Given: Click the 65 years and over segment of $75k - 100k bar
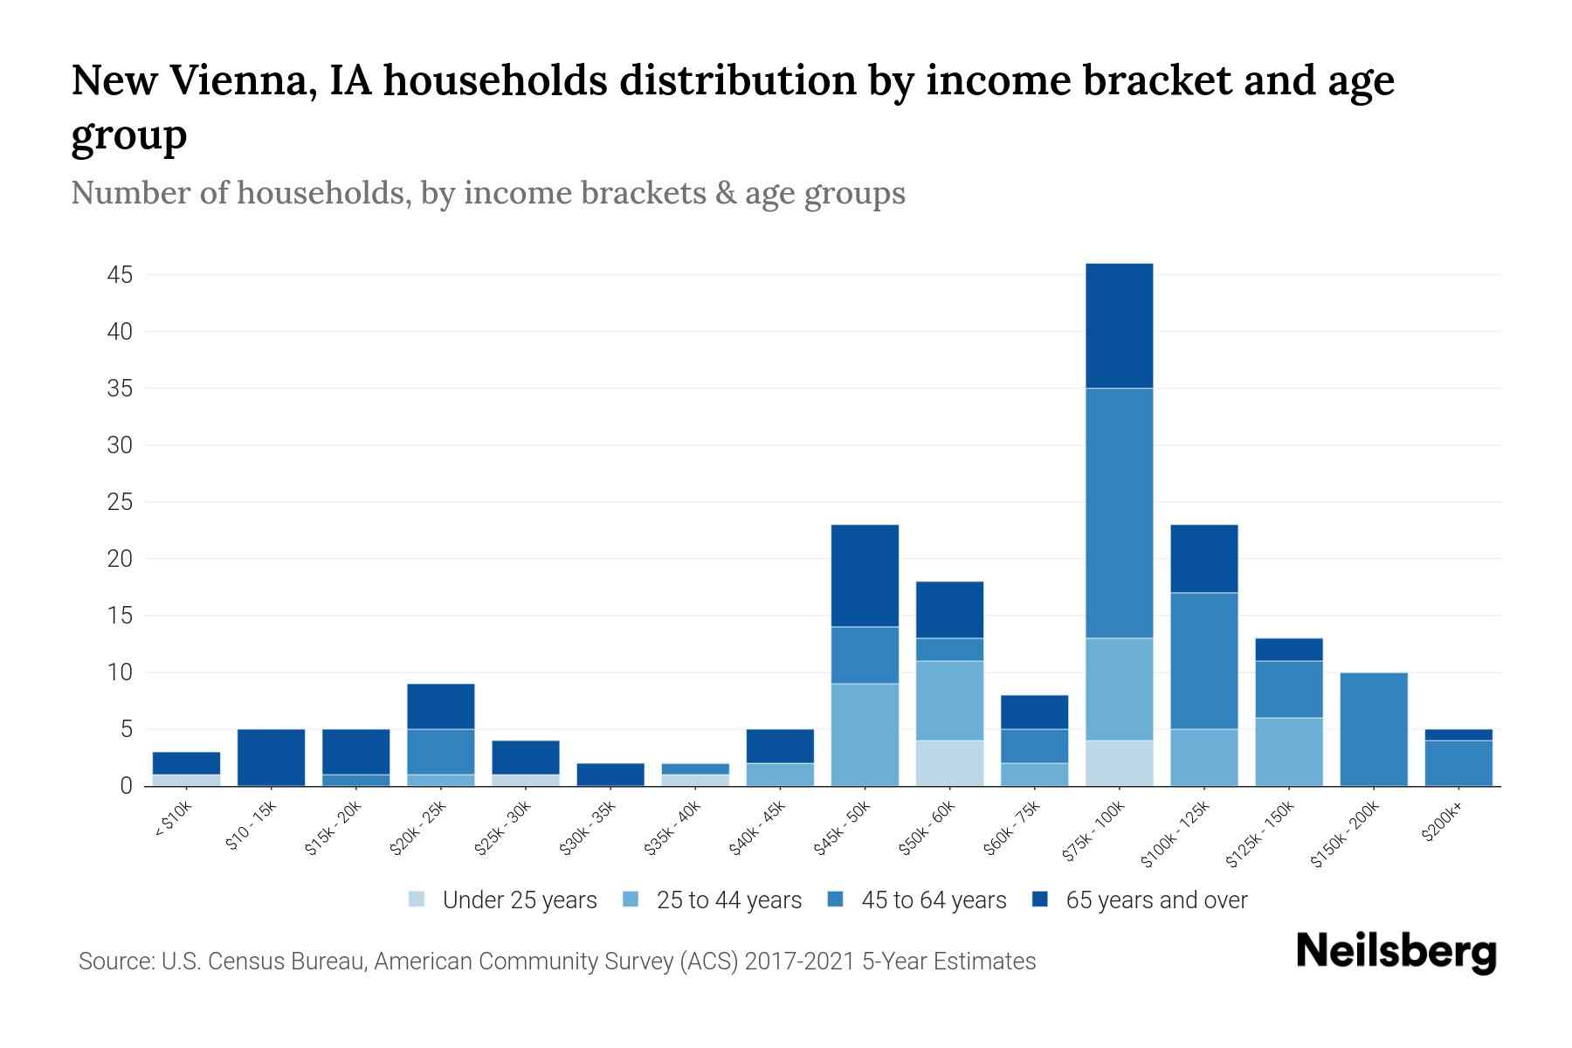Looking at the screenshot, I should pos(1119,326).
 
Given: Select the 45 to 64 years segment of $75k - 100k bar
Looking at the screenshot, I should pos(1119,513).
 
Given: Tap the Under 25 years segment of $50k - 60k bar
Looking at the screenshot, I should pos(949,763).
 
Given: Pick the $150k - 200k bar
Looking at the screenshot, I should pos(1373,729).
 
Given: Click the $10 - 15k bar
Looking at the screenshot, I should pos(271,757).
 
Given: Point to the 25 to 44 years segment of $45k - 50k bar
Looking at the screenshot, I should pos(865,734).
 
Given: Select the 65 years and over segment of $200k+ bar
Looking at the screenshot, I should pos(1458,734).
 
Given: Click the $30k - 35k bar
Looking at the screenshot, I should pos(610,775).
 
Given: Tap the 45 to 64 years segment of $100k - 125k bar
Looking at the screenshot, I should pos(1203,661).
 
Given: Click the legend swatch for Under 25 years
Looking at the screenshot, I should pos(417,900).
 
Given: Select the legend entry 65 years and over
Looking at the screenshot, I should pos(1155,900).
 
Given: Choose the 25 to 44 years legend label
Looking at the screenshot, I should pos(728,900).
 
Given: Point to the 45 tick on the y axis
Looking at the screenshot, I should pos(120,276).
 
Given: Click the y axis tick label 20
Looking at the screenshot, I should pos(120,559).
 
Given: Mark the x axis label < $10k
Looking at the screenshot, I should pos(175,819).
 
